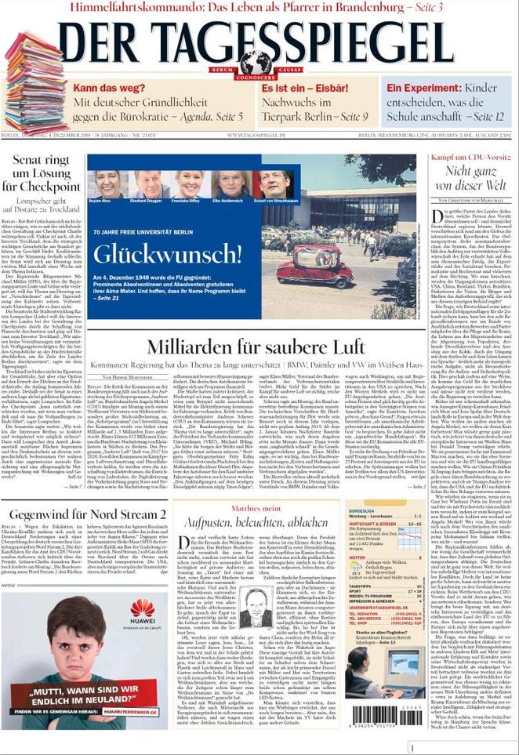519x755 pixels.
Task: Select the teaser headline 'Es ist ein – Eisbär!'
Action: point(305,89)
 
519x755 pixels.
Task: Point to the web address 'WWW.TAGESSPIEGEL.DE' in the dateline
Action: point(256,136)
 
